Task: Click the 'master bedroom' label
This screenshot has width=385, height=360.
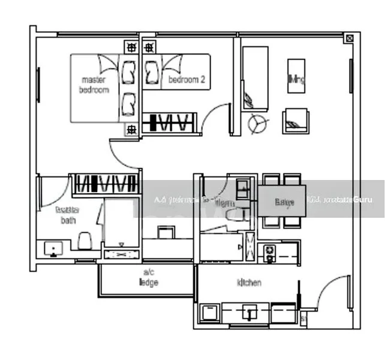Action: [x=95, y=85]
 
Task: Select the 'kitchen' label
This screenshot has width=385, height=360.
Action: [x=249, y=283]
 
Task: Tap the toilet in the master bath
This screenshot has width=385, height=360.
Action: [x=85, y=241]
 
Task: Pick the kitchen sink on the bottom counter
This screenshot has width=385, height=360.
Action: [x=250, y=312]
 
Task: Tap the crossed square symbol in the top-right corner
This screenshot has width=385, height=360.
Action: [x=349, y=38]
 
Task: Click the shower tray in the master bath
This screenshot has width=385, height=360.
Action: [x=122, y=229]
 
